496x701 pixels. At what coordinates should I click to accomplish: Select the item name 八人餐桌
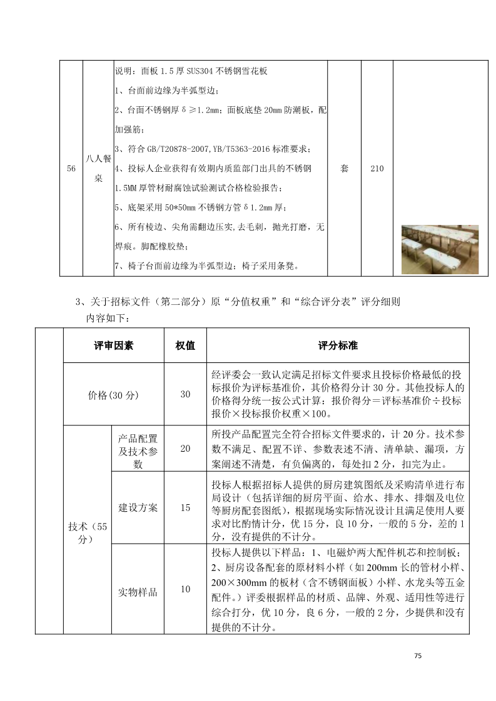(x=98, y=169)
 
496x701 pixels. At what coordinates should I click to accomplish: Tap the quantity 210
(x=377, y=169)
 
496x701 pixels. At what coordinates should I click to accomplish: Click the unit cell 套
(x=345, y=169)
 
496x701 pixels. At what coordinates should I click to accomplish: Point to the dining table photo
(x=440, y=249)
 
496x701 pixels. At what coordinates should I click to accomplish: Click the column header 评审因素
(x=113, y=346)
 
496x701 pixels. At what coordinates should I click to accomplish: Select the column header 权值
(x=185, y=346)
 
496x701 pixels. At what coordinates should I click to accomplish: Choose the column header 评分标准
(x=338, y=346)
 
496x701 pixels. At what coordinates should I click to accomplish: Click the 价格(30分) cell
(x=113, y=394)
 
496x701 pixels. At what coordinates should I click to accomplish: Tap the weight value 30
(x=185, y=394)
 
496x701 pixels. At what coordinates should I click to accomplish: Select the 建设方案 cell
(x=138, y=508)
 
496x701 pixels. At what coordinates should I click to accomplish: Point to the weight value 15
(x=185, y=508)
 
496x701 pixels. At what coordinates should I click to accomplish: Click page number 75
(x=418, y=656)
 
